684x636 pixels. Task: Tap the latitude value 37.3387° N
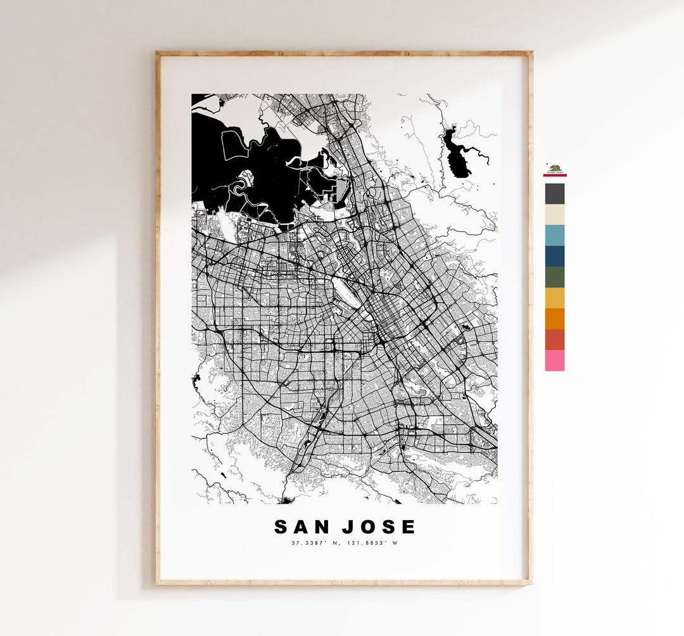tap(315, 543)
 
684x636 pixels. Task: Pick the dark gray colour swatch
tap(555, 194)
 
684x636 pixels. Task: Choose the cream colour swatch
tap(555, 215)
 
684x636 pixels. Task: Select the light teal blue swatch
tap(555, 236)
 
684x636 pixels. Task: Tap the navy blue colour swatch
tap(555, 257)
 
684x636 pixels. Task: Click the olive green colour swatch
tap(555, 277)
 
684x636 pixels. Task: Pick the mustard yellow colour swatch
tap(555, 298)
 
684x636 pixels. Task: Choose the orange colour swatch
tap(555, 319)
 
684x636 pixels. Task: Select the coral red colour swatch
tap(555, 340)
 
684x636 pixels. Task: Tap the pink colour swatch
tap(555, 360)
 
